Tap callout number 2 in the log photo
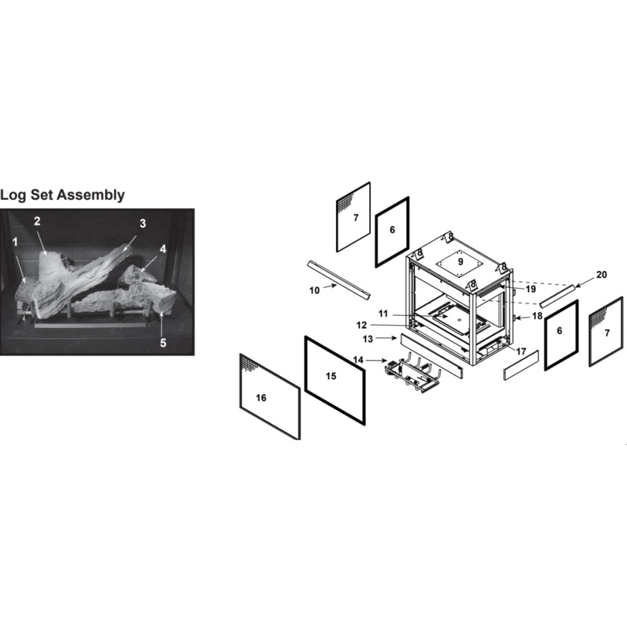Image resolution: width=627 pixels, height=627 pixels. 37,221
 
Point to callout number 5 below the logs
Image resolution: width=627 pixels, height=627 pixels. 163,343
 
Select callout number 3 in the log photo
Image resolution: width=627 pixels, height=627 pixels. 143,224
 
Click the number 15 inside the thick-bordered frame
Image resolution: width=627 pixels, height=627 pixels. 331,376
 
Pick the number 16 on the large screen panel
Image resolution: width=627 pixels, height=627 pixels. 261,398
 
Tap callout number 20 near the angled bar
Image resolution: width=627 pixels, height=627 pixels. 601,275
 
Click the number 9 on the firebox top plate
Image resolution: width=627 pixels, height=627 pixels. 461,261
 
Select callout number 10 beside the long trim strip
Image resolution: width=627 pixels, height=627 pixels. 315,290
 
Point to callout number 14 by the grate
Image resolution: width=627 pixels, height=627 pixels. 358,361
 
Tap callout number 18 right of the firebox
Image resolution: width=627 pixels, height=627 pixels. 537,316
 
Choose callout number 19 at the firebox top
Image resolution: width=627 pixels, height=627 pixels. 530,288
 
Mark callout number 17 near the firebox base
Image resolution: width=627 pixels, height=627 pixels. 521,352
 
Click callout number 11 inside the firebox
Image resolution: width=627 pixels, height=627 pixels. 383,314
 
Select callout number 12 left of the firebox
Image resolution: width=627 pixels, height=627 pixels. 362,325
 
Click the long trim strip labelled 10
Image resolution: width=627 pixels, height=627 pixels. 339,280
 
